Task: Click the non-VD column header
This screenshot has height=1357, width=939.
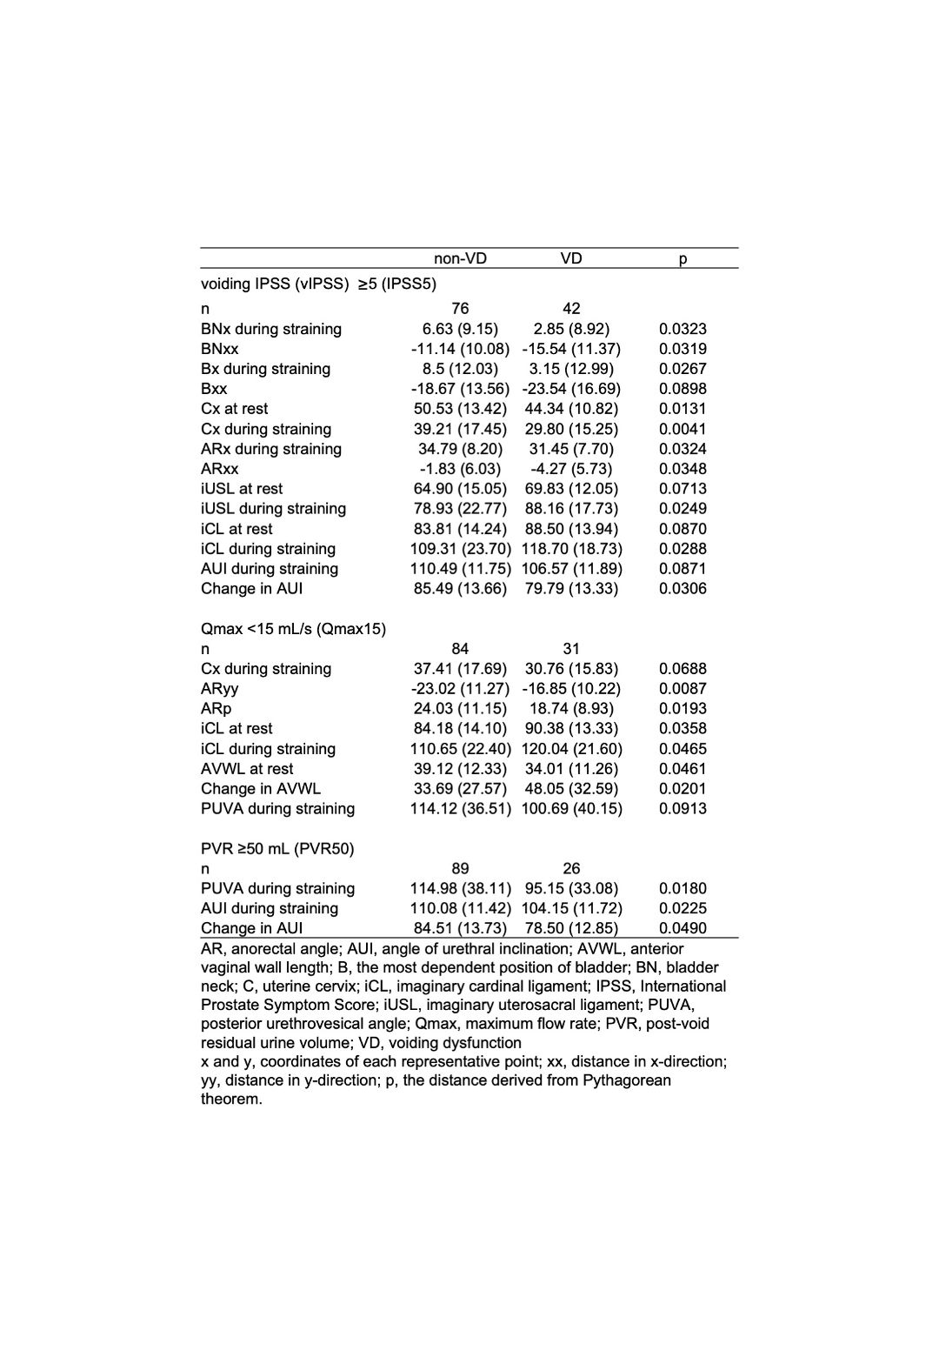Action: (460, 258)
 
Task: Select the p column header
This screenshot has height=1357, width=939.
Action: (683, 258)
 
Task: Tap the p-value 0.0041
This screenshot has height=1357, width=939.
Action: (683, 429)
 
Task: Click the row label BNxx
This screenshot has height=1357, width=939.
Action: (219, 349)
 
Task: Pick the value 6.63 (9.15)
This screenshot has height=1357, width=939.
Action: (460, 329)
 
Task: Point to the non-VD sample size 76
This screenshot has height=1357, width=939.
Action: (460, 309)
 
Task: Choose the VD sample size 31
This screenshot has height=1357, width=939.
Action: (571, 649)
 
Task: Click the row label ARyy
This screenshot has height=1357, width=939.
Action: (219, 689)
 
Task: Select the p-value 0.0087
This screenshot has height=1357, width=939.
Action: (683, 689)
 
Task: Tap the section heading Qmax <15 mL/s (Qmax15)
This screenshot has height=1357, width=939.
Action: (293, 629)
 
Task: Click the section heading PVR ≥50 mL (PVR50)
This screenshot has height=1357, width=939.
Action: (277, 849)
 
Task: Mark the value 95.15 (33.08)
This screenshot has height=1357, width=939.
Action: (571, 888)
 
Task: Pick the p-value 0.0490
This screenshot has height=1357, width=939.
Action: (683, 928)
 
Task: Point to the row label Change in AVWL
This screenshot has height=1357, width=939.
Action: (261, 789)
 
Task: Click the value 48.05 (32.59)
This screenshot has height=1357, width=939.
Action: (571, 789)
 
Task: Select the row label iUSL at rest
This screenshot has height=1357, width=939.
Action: (242, 489)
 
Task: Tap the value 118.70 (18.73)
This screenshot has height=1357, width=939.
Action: (571, 549)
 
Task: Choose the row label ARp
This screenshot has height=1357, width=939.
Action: (216, 709)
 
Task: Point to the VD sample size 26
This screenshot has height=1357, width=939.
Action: (571, 869)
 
